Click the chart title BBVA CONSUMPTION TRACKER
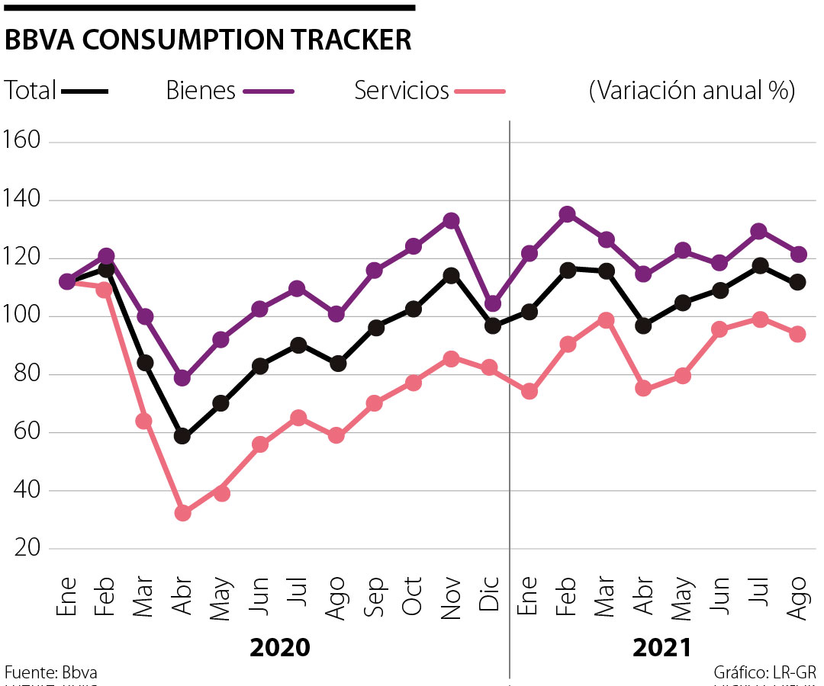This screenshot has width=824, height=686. tap(208, 40)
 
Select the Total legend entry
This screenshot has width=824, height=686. tap(56, 91)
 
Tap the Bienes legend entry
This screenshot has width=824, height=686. tap(230, 91)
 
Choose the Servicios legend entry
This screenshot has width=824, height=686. tap(429, 91)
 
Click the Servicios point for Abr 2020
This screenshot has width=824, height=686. tap(182, 513)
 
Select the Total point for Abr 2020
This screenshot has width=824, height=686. tap(182, 436)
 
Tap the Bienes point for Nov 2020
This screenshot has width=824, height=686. tap(451, 221)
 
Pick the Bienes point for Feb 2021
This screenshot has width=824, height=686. tap(567, 214)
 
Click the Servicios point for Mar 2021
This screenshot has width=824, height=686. tap(606, 320)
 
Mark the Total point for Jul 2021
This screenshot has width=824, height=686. tap(760, 265)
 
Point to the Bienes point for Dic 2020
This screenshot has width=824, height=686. tap(493, 304)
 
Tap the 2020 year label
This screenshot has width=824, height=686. tap(280, 648)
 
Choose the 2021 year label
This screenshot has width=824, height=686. tap(661, 648)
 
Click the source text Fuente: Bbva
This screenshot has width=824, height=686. tap(51, 672)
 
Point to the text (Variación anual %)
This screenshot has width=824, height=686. tap(692, 91)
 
